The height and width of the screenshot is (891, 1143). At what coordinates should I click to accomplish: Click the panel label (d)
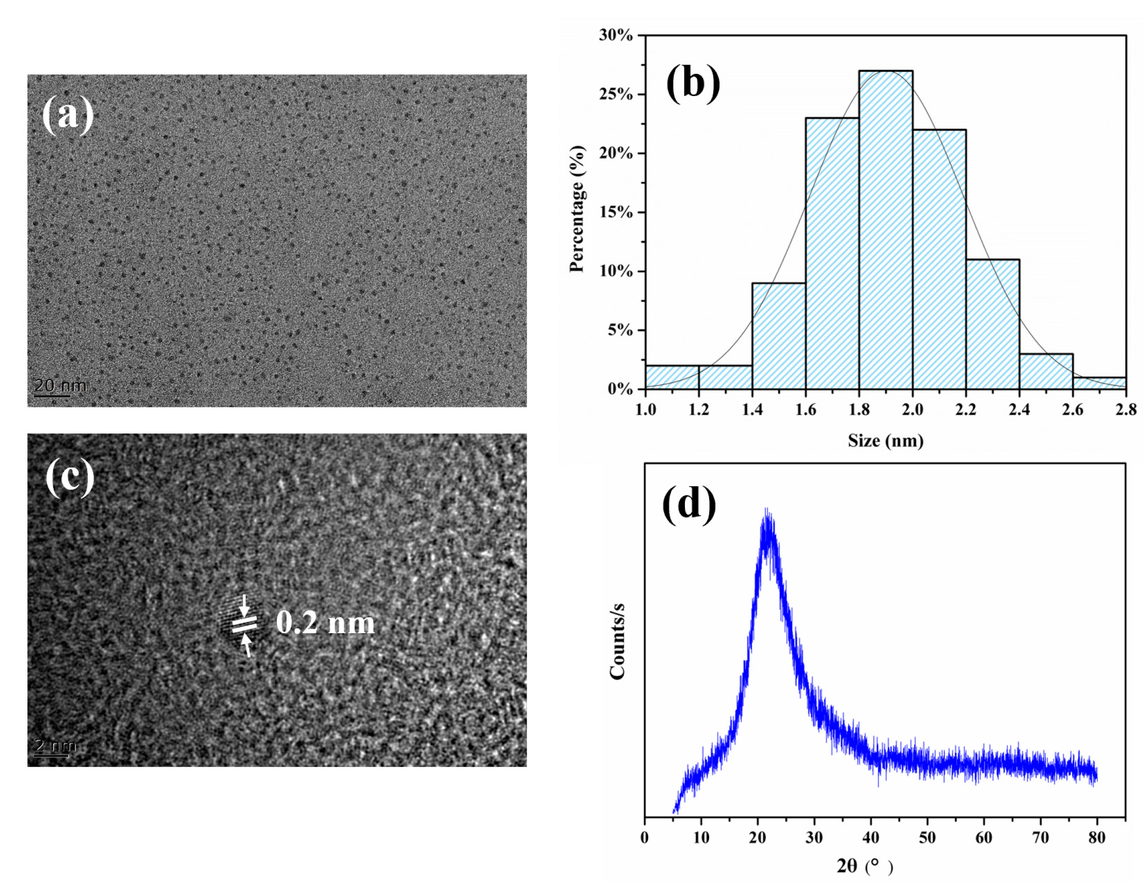tap(688, 503)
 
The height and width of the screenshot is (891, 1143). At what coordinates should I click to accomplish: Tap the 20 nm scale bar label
tap(60, 386)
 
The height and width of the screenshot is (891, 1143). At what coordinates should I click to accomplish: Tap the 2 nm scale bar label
tap(55, 745)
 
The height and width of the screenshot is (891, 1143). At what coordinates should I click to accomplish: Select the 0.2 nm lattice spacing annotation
tap(325, 623)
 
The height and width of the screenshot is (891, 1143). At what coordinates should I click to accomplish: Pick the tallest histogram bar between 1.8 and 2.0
tap(885, 230)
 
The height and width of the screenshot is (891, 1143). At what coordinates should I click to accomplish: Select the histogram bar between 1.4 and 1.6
tap(779, 336)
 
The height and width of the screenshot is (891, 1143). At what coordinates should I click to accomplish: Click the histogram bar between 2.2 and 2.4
tap(992, 324)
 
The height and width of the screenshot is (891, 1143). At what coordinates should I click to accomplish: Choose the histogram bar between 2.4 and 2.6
tap(1046, 372)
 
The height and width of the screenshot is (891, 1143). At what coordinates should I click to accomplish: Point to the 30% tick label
tap(616, 36)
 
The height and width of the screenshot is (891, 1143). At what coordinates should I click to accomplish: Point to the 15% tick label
tap(616, 212)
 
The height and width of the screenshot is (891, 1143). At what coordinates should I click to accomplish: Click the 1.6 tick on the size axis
tap(806, 410)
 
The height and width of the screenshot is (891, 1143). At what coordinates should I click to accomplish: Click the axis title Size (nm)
tap(885, 441)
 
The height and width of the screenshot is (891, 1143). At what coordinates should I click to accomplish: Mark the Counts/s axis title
tap(618, 642)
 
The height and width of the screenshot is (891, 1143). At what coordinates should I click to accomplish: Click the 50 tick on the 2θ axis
tap(928, 838)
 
